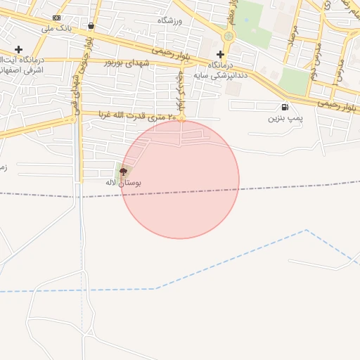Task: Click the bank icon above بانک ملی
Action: point(57,18)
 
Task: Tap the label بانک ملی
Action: point(57,29)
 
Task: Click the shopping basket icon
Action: point(91,26)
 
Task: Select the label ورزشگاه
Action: point(170,20)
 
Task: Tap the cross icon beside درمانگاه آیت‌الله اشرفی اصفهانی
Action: point(19,49)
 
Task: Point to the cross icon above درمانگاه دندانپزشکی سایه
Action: point(221,54)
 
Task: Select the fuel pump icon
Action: point(284,108)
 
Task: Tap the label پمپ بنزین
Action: point(285,119)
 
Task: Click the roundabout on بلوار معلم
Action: point(228,36)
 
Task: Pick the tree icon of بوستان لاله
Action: point(123,171)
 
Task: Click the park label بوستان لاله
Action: point(123,183)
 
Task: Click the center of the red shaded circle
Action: point(180,180)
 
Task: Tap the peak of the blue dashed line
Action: point(306,230)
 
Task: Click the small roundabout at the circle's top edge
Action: point(181,120)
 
